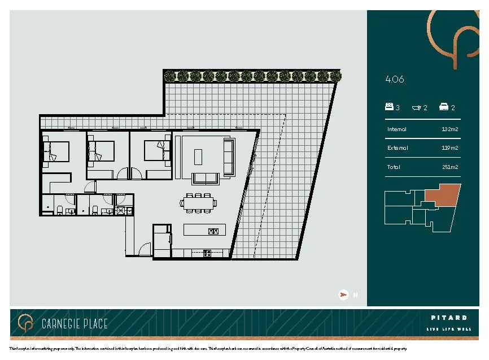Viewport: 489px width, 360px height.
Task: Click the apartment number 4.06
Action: pyautogui.click(x=395, y=80)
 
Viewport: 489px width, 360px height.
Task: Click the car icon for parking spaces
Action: pyautogui.click(x=444, y=107)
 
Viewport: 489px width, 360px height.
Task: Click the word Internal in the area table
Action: pyautogui.click(x=397, y=129)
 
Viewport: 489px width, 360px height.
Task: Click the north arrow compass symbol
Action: pyautogui.click(x=343, y=294)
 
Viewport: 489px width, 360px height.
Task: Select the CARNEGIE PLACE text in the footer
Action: pyautogui.click(x=75, y=324)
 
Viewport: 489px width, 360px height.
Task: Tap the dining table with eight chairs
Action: pyautogui.click(x=198, y=202)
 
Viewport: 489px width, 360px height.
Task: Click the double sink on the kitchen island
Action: pyautogui.click(x=213, y=231)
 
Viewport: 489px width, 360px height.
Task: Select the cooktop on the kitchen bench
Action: pyautogui.click(x=207, y=253)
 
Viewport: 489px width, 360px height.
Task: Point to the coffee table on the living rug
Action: pyautogui.click(x=198, y=155)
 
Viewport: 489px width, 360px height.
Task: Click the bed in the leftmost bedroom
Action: pyautogui.click(x=56, y=151)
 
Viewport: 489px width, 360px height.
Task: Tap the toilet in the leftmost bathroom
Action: pyautogui.click(x=60, y=210)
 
